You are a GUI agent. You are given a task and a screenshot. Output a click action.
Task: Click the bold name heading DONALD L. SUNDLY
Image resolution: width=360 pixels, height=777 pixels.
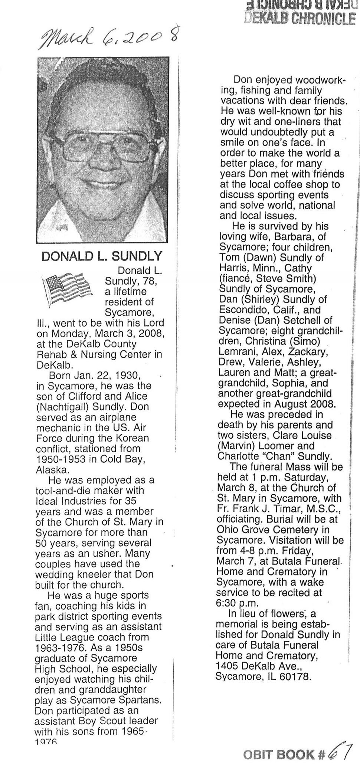tap(102, 256)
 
